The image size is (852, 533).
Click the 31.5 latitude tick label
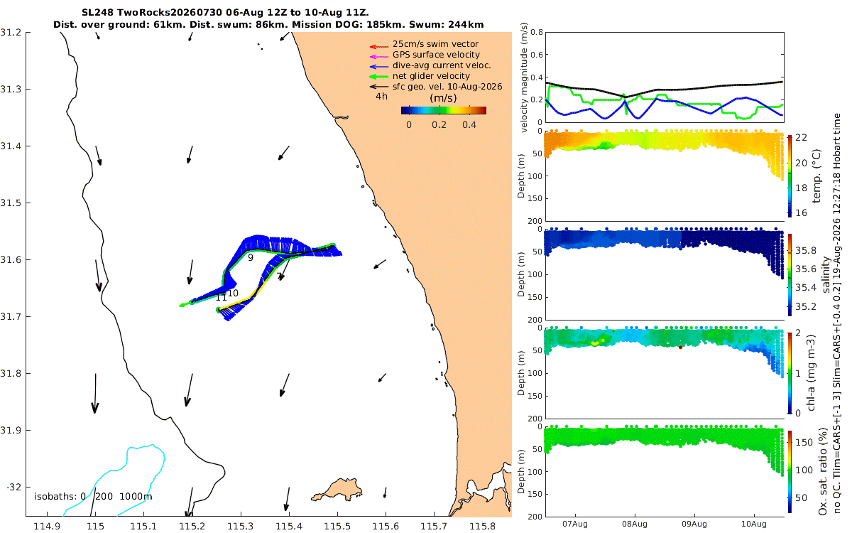(x=11, y=203)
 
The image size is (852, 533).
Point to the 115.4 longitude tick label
(x=289, y=526)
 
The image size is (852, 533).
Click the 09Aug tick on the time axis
(x=694, y=524)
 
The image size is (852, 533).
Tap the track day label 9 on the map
(x=250, y=258)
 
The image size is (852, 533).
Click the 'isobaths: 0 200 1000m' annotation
(x=93, y=497)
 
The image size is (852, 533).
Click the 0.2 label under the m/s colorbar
(x=439, y=125)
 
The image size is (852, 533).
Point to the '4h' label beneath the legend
(x=381, y=97)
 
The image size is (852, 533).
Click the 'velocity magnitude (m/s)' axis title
(x=524, y=77)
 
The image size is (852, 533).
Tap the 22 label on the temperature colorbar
(x=801, y=137)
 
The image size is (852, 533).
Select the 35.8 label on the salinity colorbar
(x=806, y=250)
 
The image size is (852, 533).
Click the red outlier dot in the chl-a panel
(x=680, y=348)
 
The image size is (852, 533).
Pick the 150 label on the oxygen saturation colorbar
(x=804, y=442)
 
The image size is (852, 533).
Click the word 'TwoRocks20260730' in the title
(x=169, y=13)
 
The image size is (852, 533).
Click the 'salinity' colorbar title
(x=825, y=274)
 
